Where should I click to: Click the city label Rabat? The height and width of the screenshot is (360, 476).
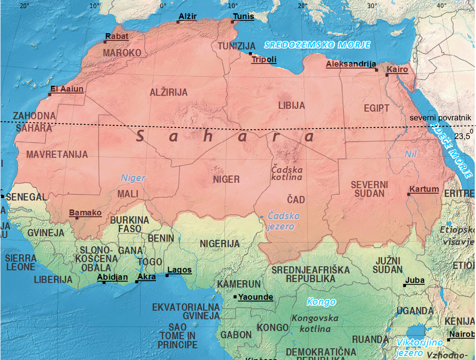pyautogui.click(x=117, y=36)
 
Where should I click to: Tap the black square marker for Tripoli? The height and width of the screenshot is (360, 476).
pyautogui.click(x=251, y=54)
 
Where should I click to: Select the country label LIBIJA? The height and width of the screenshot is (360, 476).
pyautogui.click(x=291, y=106)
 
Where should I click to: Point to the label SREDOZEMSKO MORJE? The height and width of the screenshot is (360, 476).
pyautogui.click(x=317, y=45)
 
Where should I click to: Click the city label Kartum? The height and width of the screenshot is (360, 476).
pyautogui.click(x=424, y=190)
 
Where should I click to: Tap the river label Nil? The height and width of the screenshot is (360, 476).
pyautogui.click(x=411, y=154)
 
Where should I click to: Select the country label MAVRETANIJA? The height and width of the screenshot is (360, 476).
pyautogui.click(x=57, y=154)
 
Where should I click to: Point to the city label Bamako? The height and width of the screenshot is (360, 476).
pyautogui.click(x=85, y=213)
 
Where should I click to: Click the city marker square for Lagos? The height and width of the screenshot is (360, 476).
pyautogui.click(x=167, y=276)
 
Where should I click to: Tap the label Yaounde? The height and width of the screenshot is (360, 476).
pyautogui.click(x=255, y=297)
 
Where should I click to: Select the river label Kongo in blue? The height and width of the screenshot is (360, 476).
pyautogui.click(x=321, y=302)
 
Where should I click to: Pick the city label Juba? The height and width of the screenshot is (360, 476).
pyautogui.click(x=415, y=280)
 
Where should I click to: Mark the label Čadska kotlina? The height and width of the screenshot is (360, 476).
pyautogui.click(x=287, y=173)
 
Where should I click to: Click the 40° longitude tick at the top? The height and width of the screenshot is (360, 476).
pyautogui.click(x=442, y=5)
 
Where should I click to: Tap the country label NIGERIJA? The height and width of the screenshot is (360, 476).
pyautogui.click(x=219, y=244)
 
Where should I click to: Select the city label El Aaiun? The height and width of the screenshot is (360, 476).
pyautogui.click(x=67, y=89)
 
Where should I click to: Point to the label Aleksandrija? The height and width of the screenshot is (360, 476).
pyautogui.click(x=351, y=64)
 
